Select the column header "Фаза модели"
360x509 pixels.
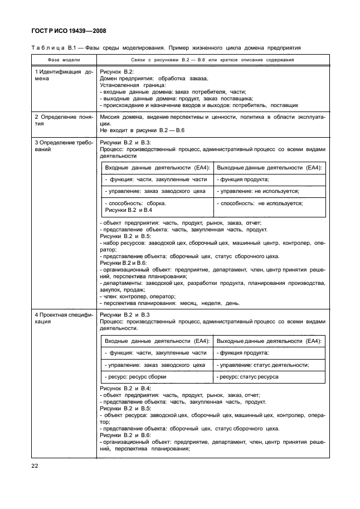[x=62, y=61]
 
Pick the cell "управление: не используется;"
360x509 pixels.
[x=259, y=191]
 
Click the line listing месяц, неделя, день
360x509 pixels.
[x=171, y=303]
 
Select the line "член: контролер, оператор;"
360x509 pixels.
[x=130, y=297]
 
